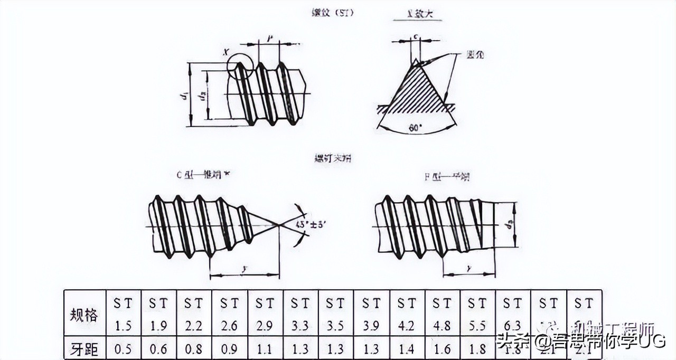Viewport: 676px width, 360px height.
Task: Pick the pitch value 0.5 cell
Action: [x=123, y=348]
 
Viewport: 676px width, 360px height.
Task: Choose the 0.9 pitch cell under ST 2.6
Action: [x=229, y=348]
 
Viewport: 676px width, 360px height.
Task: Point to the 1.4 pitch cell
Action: [x=407, y=348]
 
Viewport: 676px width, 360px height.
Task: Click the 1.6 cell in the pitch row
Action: [x=443, y=348]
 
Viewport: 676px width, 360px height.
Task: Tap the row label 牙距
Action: [x=84, y=348]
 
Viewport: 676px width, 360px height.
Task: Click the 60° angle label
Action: [x=417, y=128]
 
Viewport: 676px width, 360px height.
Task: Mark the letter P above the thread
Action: [x=270, y=38]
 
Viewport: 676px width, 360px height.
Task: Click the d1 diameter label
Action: [x=183, y=96]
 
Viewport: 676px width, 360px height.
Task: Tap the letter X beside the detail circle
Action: [x=226, y=52]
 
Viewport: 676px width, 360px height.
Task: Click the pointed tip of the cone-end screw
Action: [x=278, y=225]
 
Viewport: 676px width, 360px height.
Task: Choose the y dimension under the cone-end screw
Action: [x=245, y=269]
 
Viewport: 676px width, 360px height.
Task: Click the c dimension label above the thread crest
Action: [x=417, y=36]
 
